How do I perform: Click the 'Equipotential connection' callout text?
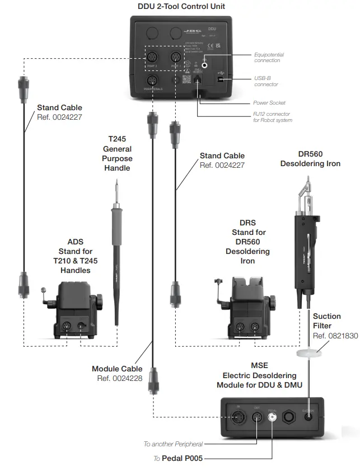point(269,58)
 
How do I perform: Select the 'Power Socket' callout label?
point(269,103)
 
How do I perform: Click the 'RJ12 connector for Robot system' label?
point(272,117)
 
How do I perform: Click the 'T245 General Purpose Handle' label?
point(118,153)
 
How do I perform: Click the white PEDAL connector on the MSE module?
point(272,417)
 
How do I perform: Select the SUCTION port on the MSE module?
point(308,417)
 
